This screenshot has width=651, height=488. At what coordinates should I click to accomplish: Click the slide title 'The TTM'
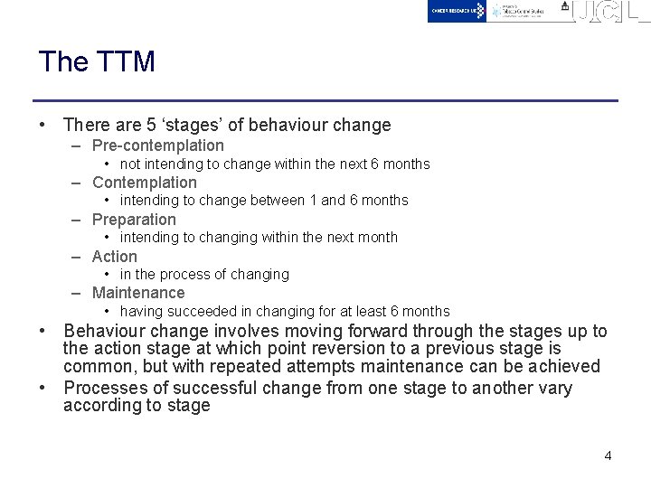coord(97,61)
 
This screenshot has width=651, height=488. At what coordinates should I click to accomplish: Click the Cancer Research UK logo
coord(458,11)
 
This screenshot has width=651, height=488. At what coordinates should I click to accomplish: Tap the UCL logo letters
coord(611,11)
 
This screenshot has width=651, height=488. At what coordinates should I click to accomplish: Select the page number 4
coord(608,455)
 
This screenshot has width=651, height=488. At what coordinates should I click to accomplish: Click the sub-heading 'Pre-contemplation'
coord(158,145)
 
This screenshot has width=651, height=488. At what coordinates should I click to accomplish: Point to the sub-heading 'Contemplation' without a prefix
coord(145,183)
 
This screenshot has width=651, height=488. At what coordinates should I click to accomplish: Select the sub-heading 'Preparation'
coord(135,220)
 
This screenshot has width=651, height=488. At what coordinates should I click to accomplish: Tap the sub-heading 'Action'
coord(115,257)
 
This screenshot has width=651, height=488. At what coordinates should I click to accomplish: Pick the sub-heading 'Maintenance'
coord(138,293)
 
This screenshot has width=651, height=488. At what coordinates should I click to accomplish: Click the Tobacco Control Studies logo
coord(521,11)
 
